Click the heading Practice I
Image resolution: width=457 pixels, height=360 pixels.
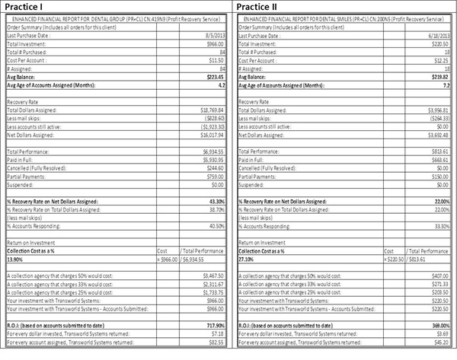pyautogui.click(x=26, y=7)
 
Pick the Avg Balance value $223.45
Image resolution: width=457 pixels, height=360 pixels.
pyautogui.click(x=211, y=77)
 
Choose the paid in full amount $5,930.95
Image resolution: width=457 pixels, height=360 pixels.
pyautogui.click(x=209, y=161)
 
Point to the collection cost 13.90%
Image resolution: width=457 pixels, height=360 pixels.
pyautogui.click(x=16, y=259)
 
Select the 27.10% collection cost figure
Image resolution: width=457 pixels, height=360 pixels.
pyautogui.click(x=248, y=259)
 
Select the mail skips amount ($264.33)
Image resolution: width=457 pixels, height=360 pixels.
pyautogui.click(x=439, y=118)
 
